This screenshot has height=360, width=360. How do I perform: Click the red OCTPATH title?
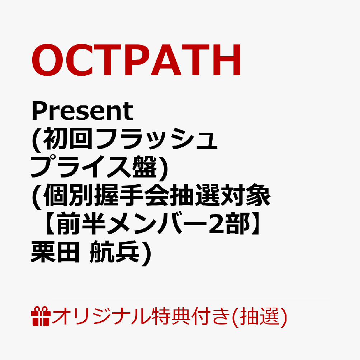pyautogui.click(x=136, y=60)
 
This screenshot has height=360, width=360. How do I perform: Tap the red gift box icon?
pyautogui.click(x=41, y=316)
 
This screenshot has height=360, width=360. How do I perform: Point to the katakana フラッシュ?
pyautogui.click(x=156, y=139)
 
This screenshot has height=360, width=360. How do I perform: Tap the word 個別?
pyautogui.click(x=68, y=195)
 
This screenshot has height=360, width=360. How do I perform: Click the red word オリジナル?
pyautogui.click(x=101, y=317)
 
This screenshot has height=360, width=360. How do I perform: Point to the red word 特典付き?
pyautogui.click(x=190, y=317)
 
